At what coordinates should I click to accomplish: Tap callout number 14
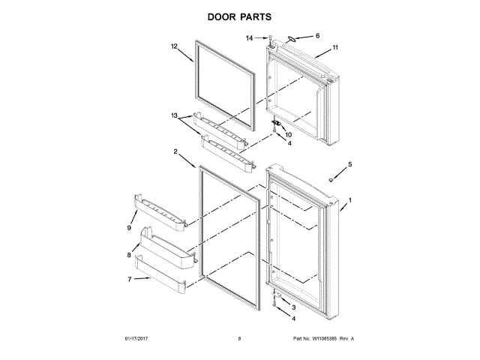(249, 37)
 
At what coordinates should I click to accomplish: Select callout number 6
(317, 35)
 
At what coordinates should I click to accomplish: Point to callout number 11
(335, 48)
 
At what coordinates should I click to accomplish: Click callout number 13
(175, 116)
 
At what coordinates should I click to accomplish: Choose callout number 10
(288, 134)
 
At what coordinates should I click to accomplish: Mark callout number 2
(175, 151)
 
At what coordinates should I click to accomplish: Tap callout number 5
(349, 163)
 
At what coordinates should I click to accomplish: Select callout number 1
(349, 200)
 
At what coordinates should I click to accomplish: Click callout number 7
(129, 279)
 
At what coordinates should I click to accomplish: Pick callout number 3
(294, 307)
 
